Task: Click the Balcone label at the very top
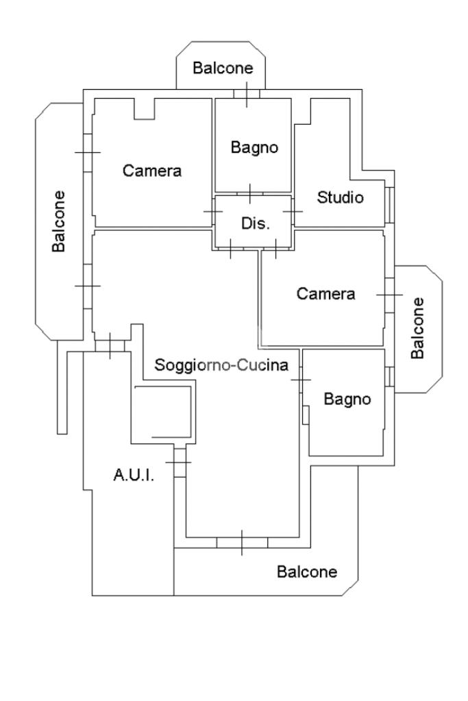point(223,68)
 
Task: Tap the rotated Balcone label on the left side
point(60,221)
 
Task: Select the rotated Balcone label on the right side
point(417,328)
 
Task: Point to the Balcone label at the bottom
point(307,571)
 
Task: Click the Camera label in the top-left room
point(152,171)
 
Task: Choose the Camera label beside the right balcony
point(325,294)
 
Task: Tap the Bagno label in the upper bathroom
point(254,147)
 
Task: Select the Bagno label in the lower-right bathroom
point(347,399)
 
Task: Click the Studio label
point(340,198)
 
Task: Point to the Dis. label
point(256,223)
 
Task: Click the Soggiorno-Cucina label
point(221,365)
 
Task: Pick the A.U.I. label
point(133,474)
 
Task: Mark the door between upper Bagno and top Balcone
point(247,94)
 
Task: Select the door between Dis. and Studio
point(293,212)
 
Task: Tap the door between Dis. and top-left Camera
point(214,212)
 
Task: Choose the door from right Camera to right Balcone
point(389,295)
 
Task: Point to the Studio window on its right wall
point(389,204)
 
